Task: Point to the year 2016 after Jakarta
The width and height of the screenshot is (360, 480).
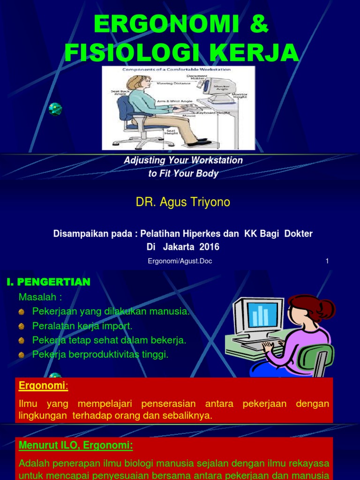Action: (x=210, y=247)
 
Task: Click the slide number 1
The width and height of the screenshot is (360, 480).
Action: (x=327, y=261)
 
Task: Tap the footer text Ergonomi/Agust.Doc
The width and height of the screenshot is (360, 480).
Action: (x=180, y=261)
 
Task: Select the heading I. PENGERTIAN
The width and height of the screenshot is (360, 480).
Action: (x=48, y=282)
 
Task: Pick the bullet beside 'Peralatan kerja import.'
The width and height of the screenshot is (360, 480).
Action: (x=22, y=326)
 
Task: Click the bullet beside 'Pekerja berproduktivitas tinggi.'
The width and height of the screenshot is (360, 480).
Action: (x=22, y=355)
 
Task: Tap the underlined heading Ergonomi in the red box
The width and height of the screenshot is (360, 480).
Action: (x=43, y=386)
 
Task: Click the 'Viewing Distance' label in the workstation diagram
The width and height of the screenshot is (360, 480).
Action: (x=173, y=83)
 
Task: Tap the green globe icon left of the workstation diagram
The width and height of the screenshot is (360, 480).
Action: (x=55, y=109)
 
